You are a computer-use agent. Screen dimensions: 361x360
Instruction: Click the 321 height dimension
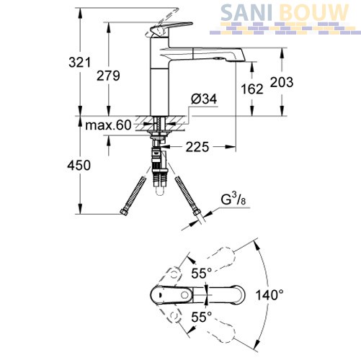point(80,63)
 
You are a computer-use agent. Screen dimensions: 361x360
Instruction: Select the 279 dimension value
point(108,76)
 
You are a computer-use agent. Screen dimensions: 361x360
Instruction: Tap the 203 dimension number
point(282,82)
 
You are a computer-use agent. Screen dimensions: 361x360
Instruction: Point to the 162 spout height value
point(252,89)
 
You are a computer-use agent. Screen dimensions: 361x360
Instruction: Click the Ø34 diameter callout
point(204,99)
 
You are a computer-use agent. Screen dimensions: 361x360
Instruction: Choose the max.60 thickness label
point(108,125)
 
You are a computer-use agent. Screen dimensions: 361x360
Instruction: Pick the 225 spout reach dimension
point(197,147)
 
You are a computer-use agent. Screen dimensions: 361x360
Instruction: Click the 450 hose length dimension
point(79,166)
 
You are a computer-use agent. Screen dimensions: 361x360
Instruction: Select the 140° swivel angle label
point(269,295)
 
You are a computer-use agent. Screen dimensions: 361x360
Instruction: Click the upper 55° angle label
point(202,273)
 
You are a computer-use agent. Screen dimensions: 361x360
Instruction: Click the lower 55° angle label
point(202,317)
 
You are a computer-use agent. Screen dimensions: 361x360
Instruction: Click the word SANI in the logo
point(246,13)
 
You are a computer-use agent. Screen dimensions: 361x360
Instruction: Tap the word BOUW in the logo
point(314,13)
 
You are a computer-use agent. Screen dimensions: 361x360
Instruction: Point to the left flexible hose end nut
point(124,212)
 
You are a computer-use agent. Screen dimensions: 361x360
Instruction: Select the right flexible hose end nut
point(196,212)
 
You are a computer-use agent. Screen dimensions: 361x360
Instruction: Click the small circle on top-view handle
point(185,294)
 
